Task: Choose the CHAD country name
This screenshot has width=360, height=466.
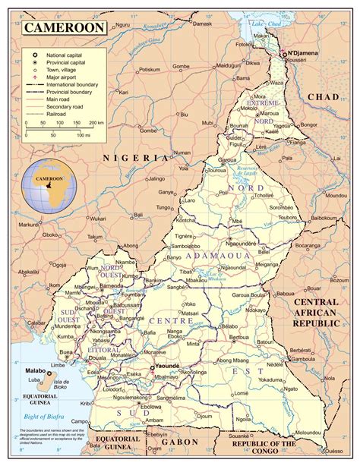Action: [x=330, y=97]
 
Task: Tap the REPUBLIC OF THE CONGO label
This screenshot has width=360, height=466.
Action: [x=311, y=447]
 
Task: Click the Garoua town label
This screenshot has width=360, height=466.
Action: [x=229, y=161]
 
